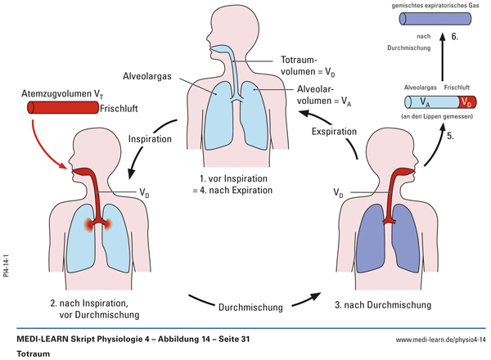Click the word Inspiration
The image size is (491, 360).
150,139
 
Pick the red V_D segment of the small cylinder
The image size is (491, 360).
464,104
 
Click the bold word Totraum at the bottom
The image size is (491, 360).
33,353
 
